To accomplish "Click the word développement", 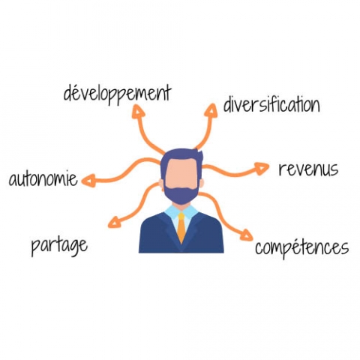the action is [117, 94].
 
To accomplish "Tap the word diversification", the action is [271, 104].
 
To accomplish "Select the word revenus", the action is [308, 169].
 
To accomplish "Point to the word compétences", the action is [301, 248].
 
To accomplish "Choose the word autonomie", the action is [43, 178].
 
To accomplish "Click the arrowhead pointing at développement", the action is [138, 112].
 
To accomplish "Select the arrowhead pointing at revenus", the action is [262, 168].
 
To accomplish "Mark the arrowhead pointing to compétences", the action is [246, 235].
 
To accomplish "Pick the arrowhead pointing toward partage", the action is [115, 222].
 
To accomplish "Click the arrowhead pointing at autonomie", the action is [88, 181].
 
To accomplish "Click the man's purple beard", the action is [181, 193].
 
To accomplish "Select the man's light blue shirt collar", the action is [181, 212].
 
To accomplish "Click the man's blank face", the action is [181, 174].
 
